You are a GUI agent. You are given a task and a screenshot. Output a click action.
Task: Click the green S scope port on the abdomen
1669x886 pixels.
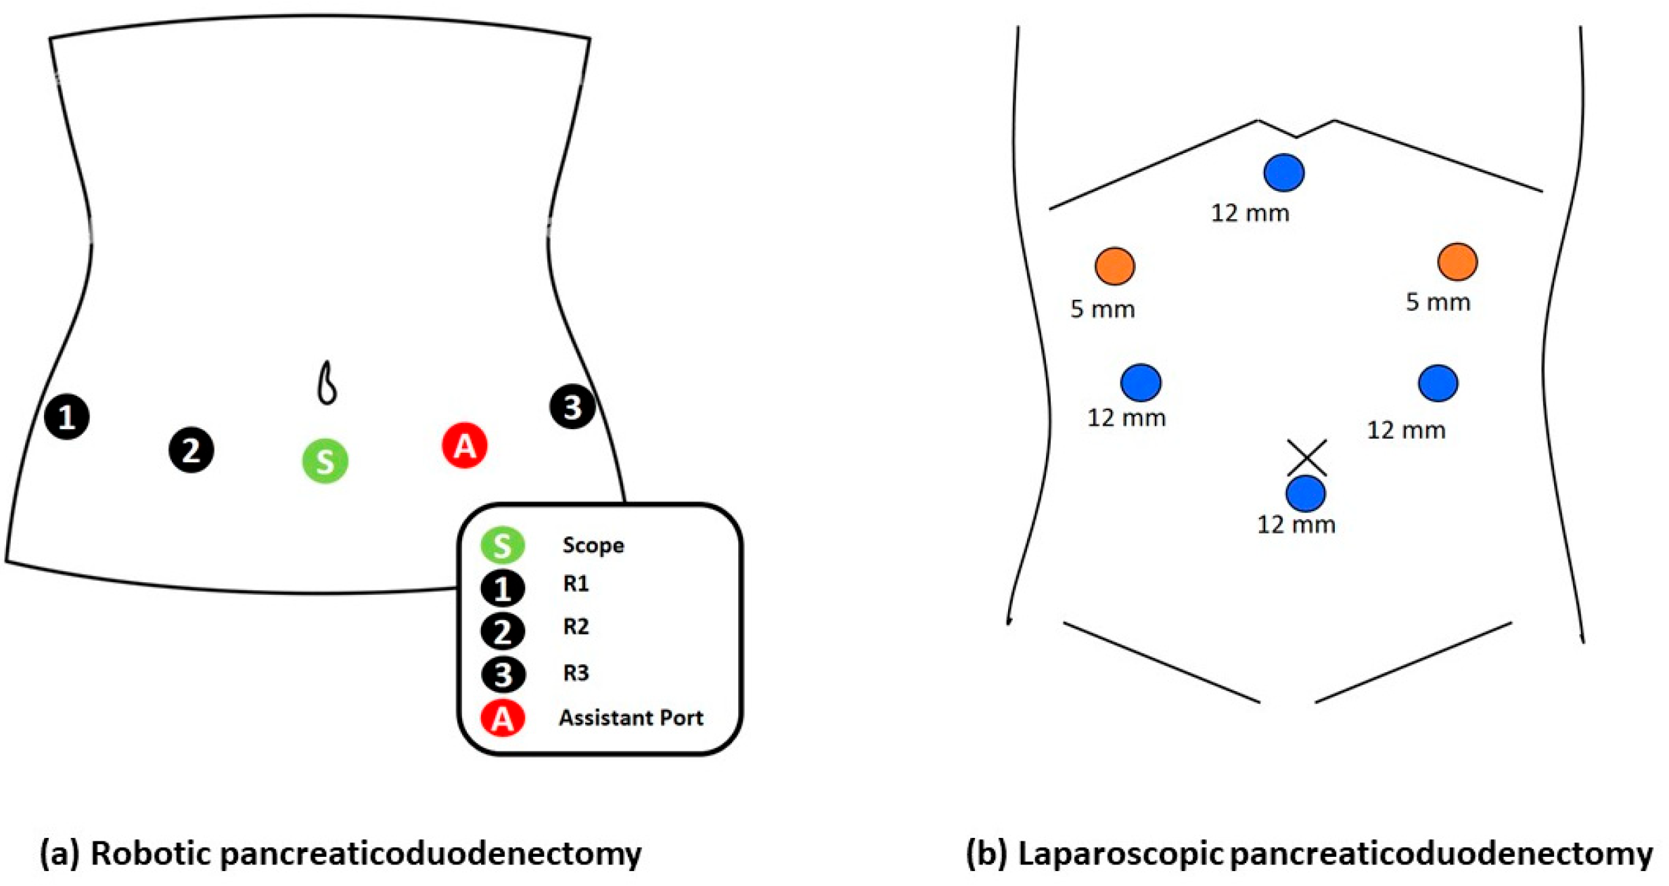[x=325, y=461]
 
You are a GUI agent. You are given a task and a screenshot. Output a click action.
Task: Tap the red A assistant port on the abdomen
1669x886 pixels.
[x=464, y=445]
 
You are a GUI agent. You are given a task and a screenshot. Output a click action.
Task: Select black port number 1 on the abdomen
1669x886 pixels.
[x=66, y=416]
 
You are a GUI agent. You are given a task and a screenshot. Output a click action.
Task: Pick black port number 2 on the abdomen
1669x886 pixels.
[x=191, y=449]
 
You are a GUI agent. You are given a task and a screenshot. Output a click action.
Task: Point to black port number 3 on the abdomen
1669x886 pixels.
[x=572, y=407]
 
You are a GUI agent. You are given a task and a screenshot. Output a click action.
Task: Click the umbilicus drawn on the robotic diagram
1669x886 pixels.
[x=327, y=384]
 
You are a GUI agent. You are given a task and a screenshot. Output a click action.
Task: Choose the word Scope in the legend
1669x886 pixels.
[x=593, y=545]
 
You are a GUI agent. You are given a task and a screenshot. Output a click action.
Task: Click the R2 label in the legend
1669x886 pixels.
[x=576, y=627]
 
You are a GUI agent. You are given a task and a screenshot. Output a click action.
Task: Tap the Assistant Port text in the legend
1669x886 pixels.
[x=631, y=717]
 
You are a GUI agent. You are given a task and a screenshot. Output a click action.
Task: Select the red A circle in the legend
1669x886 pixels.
[x=502, y=719]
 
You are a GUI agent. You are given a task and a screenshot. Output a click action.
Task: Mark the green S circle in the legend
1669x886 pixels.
[x=502, y=545]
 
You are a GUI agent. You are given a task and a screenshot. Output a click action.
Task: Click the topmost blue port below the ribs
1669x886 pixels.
[x=1283, y=173]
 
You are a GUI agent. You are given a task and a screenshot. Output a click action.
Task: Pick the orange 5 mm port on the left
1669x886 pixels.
[x=1114, y=266]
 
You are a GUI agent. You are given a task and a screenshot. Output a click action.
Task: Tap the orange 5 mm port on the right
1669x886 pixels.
[x=1457, y=262]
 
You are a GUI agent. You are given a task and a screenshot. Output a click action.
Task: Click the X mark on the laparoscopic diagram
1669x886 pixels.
[x=1306, y=458]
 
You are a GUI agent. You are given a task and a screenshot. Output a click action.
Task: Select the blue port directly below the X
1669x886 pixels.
[x=1305, y=493]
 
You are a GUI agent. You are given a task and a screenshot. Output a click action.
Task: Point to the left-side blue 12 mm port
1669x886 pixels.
[x=1141, y=382]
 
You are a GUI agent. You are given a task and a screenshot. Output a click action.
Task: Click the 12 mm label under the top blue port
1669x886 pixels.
[x=1250, y=213]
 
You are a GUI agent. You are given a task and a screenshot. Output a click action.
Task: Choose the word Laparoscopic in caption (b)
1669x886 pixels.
[x=1120, y=854]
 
